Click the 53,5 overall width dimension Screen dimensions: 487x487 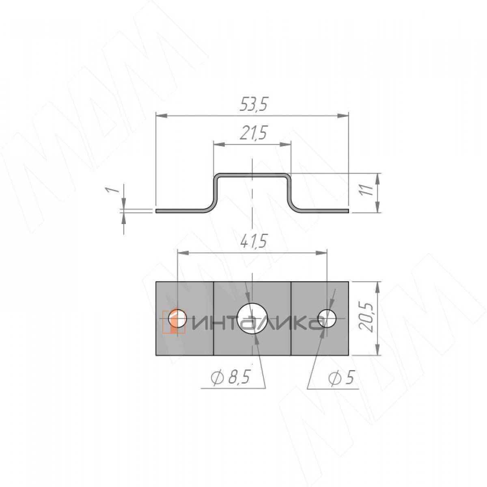253,104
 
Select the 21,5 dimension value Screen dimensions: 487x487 253,133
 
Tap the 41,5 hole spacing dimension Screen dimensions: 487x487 253,242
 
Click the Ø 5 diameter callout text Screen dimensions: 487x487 341,385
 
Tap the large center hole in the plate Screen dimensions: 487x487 252,319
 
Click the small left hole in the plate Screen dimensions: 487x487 177,318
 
